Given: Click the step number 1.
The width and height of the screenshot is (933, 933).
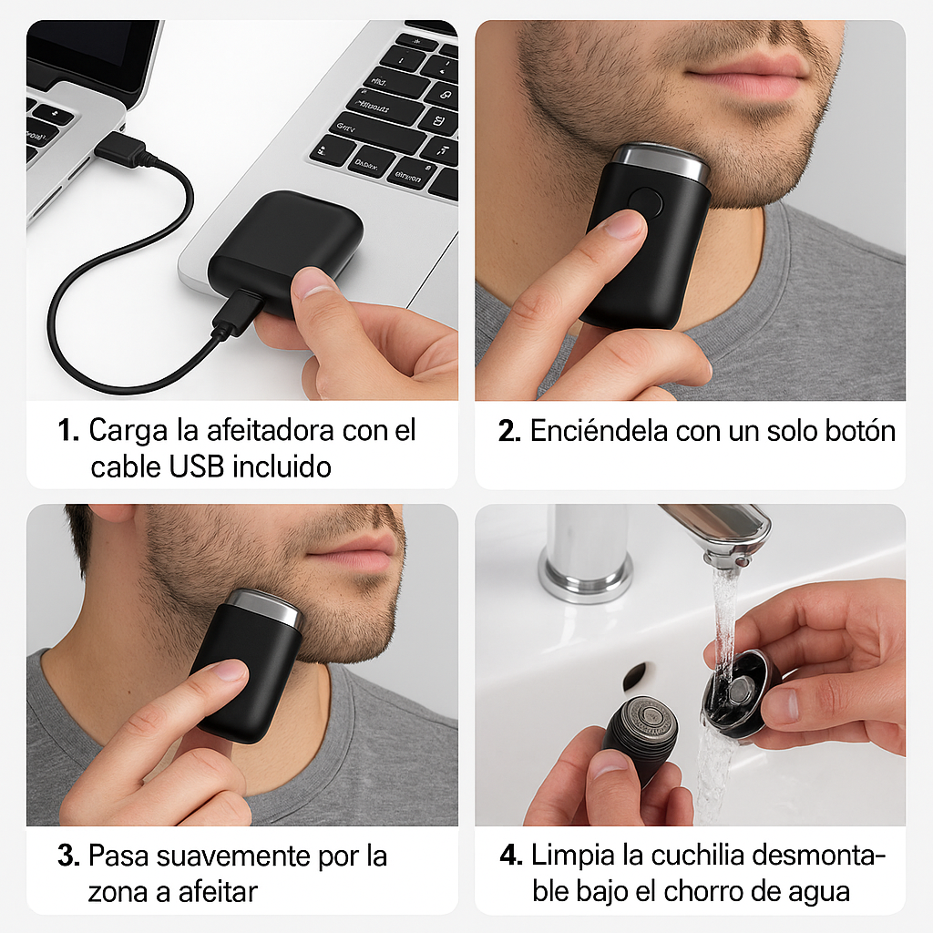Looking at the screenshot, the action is click(x=67, y=430).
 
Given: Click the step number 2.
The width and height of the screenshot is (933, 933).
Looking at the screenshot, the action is click(x=510, y=431).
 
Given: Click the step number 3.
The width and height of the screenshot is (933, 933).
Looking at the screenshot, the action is click(x=68, y=856).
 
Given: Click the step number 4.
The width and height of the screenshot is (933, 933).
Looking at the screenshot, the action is click(x=511, y=856).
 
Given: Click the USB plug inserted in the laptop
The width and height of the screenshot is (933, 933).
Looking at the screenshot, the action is click(x=120, y=149).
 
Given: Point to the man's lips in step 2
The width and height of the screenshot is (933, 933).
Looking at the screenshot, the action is click(x=748, y=77).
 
